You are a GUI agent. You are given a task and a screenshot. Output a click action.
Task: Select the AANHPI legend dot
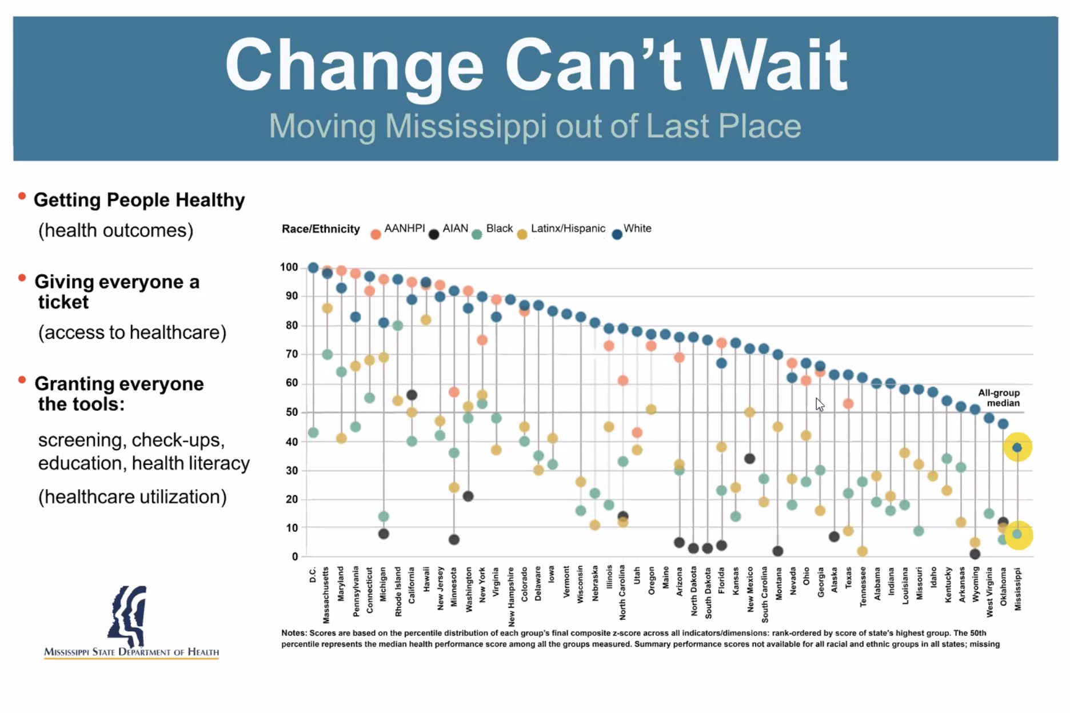tap(376, 234)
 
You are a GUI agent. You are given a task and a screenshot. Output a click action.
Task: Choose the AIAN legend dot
tap(434, 234)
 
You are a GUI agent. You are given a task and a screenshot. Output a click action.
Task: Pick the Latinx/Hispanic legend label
tap(568, 229)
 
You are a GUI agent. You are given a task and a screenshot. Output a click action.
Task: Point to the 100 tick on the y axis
tap(289, 267)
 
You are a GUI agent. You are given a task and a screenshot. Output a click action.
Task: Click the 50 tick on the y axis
tap(292, 412)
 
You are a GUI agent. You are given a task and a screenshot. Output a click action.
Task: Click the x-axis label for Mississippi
tap(1017, 588)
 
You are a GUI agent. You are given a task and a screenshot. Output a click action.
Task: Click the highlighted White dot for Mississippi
tap(1017, 447)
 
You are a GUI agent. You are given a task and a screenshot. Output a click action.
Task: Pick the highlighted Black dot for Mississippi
tap(1017, 534)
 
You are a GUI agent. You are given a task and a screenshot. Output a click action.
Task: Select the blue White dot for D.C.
tap(313, 267)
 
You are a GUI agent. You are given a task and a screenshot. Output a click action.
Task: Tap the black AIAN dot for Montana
tap(777, 551)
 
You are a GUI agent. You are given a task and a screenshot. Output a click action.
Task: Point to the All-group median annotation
tap(999, 398)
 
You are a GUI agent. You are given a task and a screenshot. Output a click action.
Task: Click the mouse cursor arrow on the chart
tap(819, 404)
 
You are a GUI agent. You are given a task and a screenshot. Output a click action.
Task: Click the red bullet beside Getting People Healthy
tap(22, 197)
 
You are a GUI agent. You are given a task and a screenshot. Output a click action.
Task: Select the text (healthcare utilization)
tap(133, 497)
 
